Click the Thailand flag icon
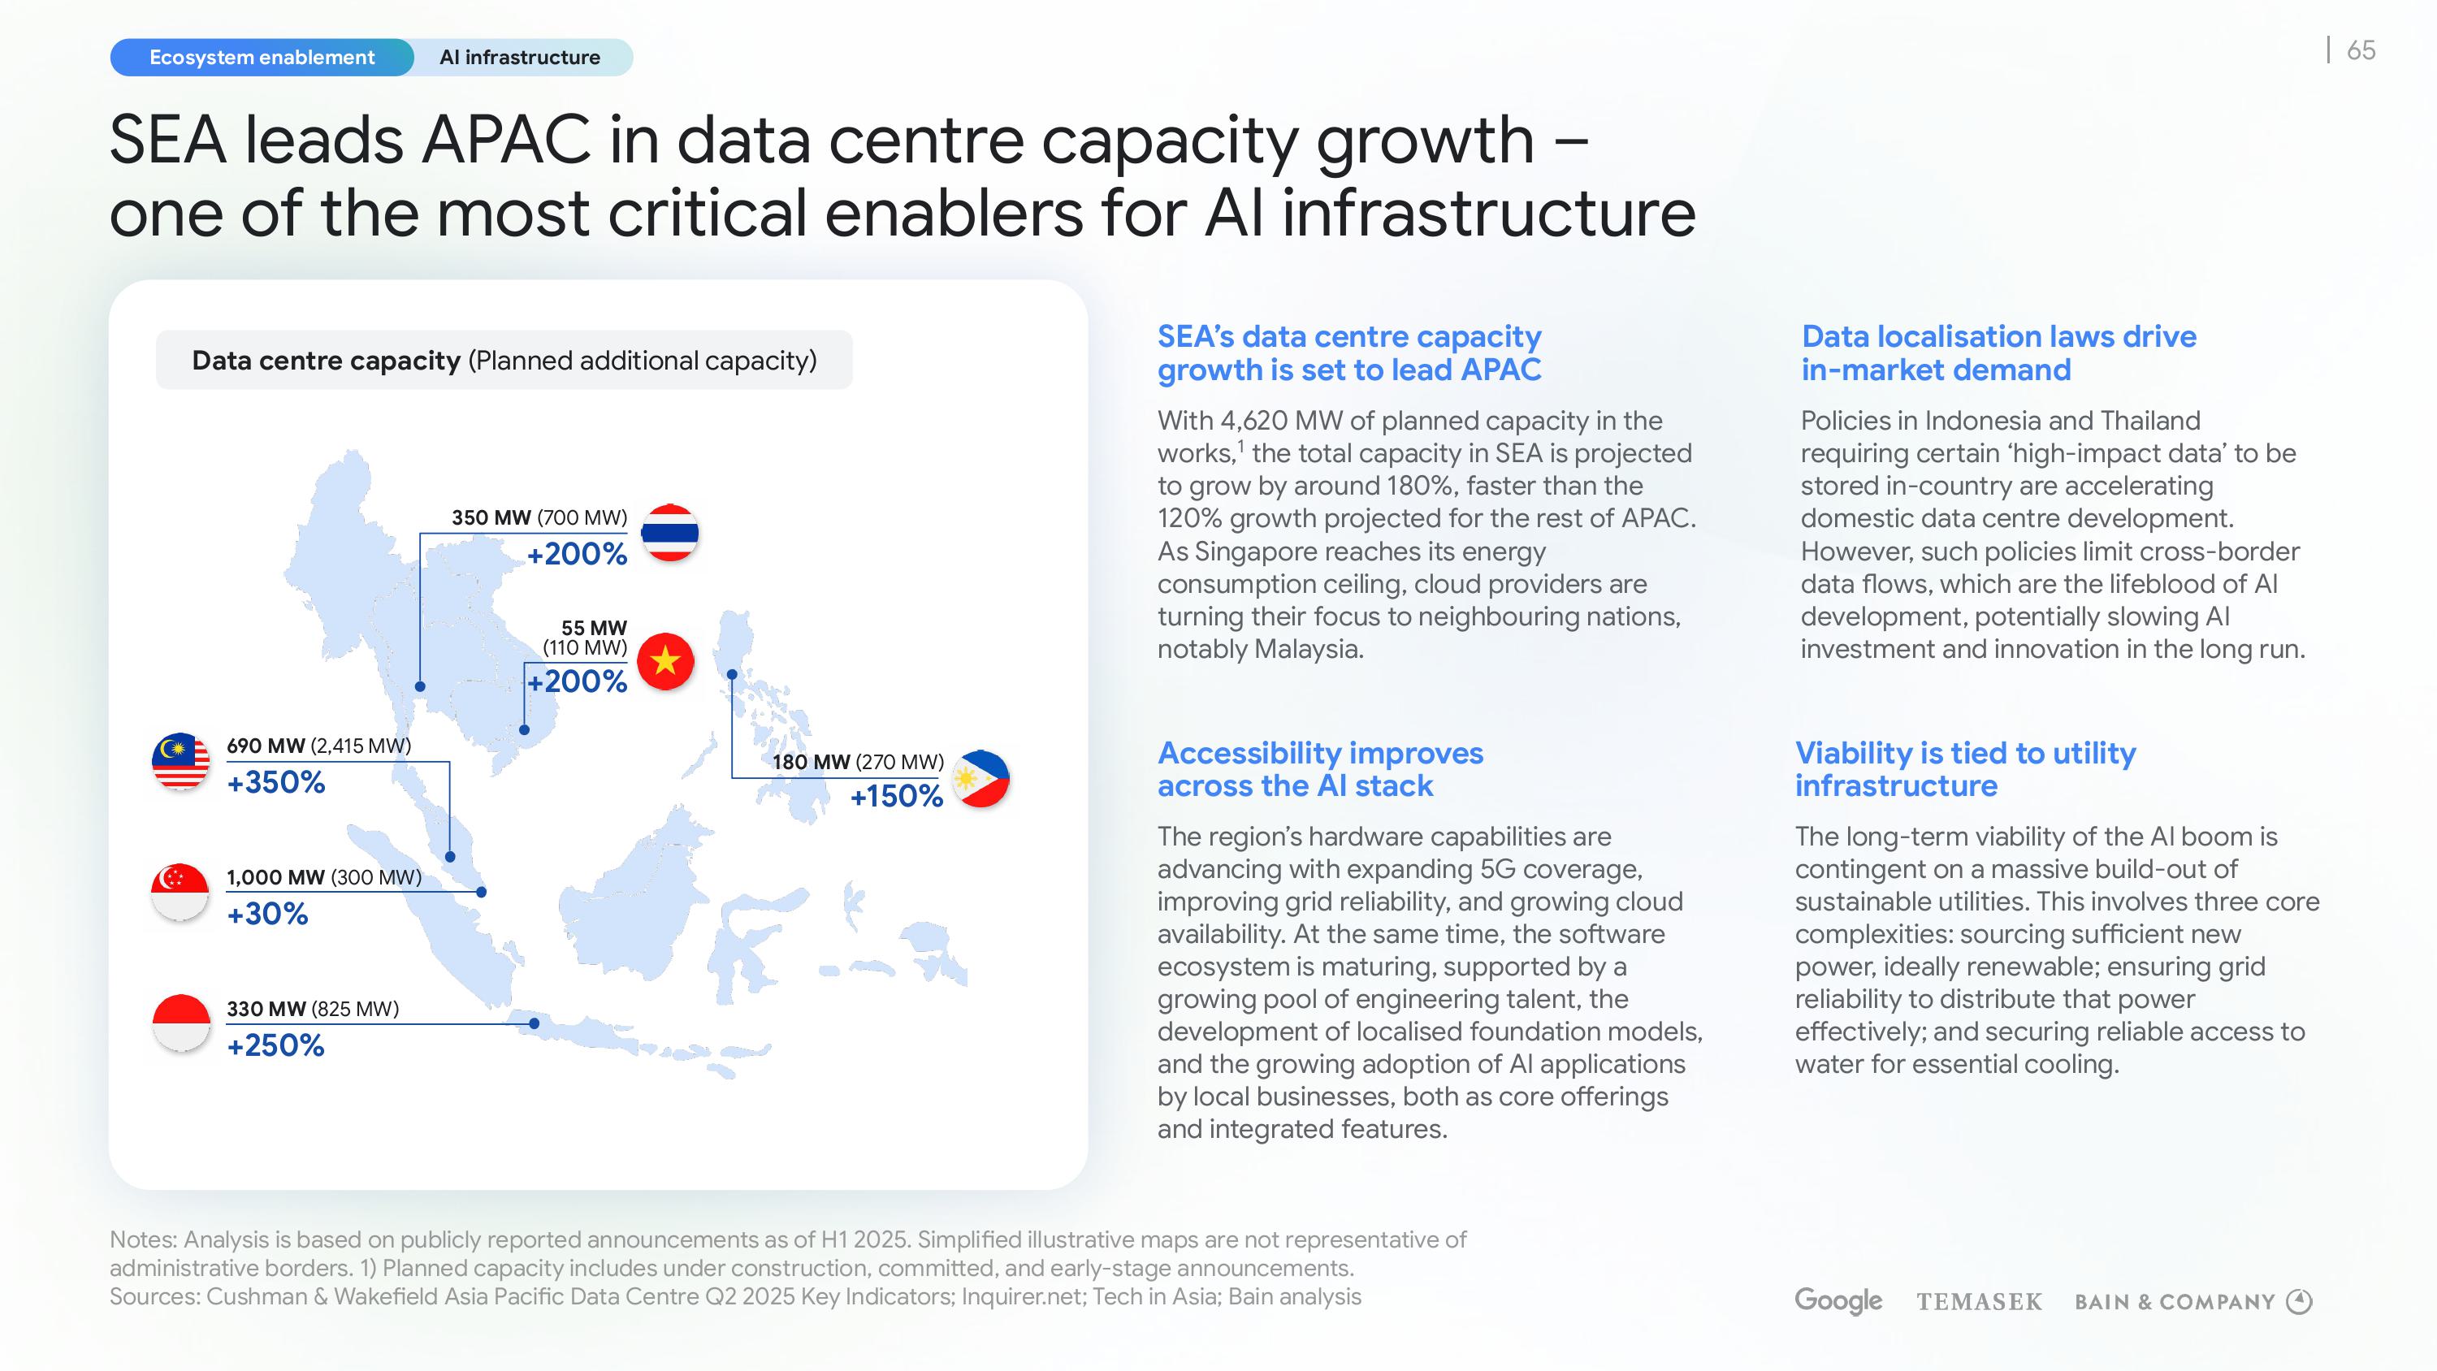coord(670,533)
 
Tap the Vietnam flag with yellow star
coord(666,660)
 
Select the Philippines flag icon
coord(980,779)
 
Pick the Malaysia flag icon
coord(180,761)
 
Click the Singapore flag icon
coord(180,893)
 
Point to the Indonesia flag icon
coord(180,1023)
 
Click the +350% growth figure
coord(276,782)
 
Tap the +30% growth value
coord(268,914)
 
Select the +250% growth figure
coord(276,1045)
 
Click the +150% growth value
coord(897,797)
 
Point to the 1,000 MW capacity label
coord(276,877)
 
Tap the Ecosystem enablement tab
coord(262,58)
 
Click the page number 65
coord(2361,50)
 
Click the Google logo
coord(1838,1301)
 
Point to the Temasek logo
coord(1979,1302)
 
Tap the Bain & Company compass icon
coord(2299,1302)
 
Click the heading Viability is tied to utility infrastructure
coord(1965,769)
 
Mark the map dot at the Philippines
coord(732,675)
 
